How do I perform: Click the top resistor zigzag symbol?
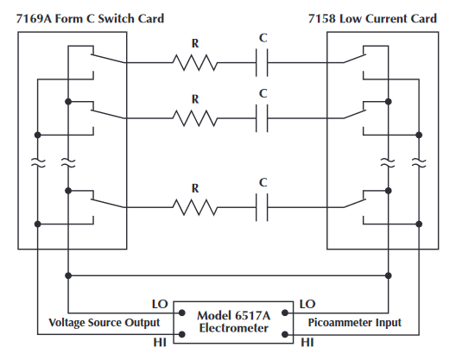195,62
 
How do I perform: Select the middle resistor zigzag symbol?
195,118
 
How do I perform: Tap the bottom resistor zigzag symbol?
195,207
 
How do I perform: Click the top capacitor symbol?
262,62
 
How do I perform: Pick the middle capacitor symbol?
262,118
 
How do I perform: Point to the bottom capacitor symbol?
262,207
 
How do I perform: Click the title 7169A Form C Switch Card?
90,19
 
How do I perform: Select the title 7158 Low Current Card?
372,19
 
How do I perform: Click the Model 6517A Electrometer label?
234,322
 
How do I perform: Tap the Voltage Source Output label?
104,323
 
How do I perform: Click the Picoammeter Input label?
354,323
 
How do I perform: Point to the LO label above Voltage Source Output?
160,304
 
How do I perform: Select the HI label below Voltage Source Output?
160,343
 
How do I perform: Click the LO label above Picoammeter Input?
307,304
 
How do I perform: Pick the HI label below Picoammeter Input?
307,343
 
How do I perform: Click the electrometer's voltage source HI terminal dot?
181,334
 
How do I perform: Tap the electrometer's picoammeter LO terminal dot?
285,313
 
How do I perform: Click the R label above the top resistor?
195,44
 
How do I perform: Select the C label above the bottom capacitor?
263,183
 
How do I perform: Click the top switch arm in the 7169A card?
109,58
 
